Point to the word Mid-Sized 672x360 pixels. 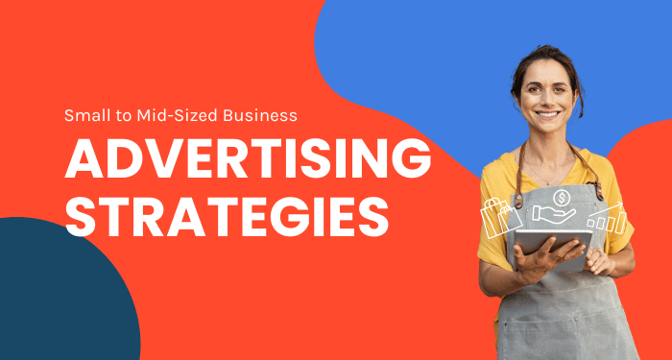pyautogui.click(x=167, y=115)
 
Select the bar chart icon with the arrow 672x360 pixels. pyautogui.click(x=607, y=221)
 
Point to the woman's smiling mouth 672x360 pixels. pyautogui.click(x=546, y=114)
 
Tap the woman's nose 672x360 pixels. pyautogui.click(x=545, y=98)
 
